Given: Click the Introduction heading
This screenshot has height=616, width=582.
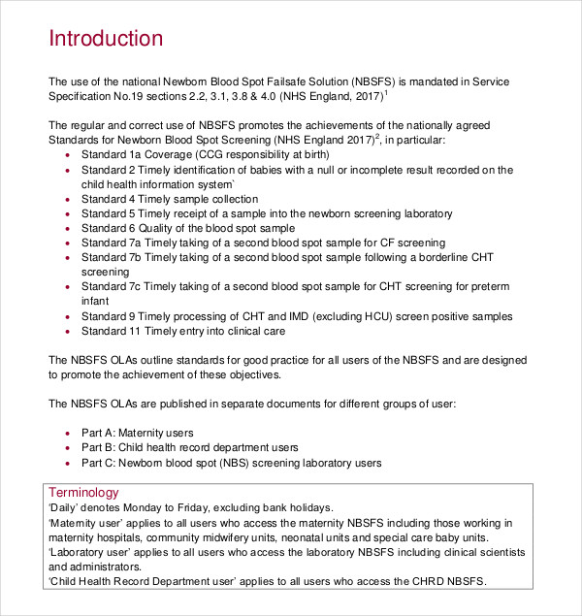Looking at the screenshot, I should [x=106, y=39].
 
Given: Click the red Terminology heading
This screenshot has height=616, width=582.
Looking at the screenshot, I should [x=83, y=493].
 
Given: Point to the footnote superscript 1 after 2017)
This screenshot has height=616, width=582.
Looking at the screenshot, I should [x=386, y=94].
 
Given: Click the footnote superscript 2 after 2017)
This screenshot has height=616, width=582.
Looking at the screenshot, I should [x=377, y=137].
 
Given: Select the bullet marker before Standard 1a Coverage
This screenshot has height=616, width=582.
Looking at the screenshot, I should [x=66, y=155].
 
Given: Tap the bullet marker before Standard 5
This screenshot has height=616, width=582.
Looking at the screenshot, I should [x=66, y=213].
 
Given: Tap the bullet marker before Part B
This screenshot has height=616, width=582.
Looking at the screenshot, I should [x=66, y=448].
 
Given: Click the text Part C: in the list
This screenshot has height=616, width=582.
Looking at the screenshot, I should [x=101, y=463].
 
